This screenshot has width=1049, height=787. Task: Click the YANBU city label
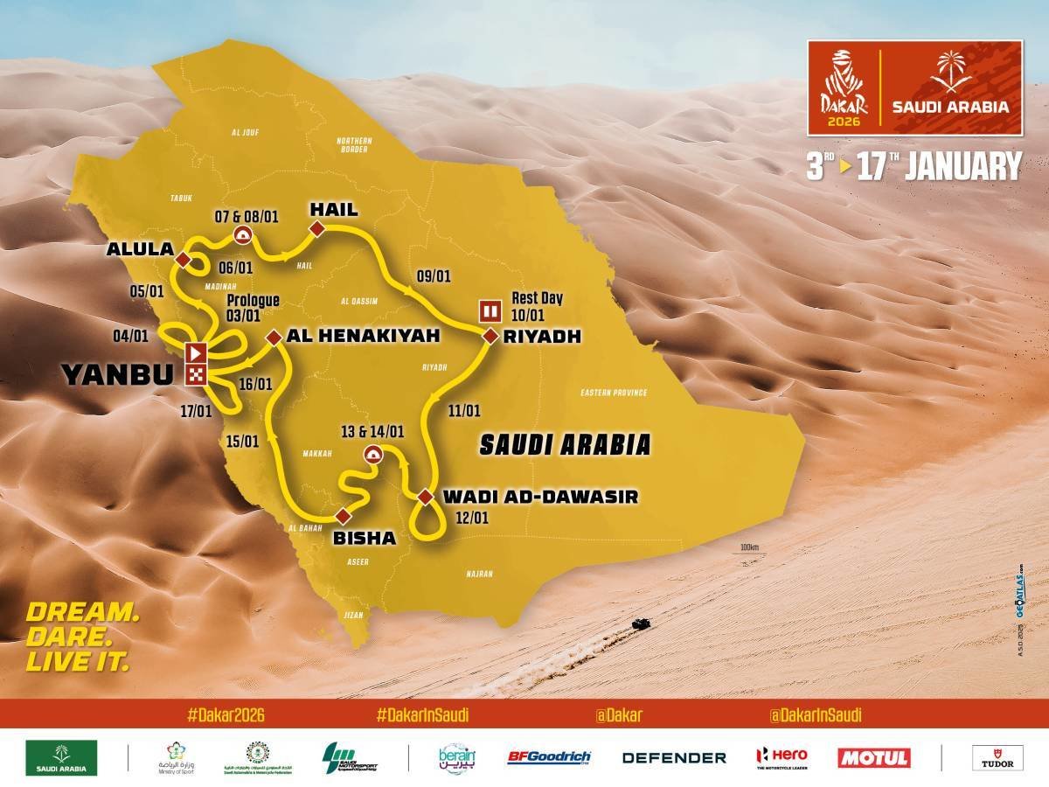tap(116, 373)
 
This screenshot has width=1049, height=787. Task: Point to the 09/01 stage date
tap(434, 275)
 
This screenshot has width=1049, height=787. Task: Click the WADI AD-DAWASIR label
tap(540, 497)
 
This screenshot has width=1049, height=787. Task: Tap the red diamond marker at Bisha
tap(342, 515)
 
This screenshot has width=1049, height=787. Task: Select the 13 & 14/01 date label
tap(373, 431)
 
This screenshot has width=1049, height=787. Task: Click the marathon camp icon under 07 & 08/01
tap(242, 234)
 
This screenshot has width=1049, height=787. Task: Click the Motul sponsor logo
tap(873, 757)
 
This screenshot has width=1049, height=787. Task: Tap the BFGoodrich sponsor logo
tap(549, 757)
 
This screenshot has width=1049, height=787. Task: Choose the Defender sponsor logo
tap(674, 757)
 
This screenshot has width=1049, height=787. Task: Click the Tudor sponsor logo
tap(997, 757)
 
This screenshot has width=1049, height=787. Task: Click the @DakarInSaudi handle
tap(815, 714)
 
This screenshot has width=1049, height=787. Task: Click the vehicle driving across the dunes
tap(640, 624)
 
